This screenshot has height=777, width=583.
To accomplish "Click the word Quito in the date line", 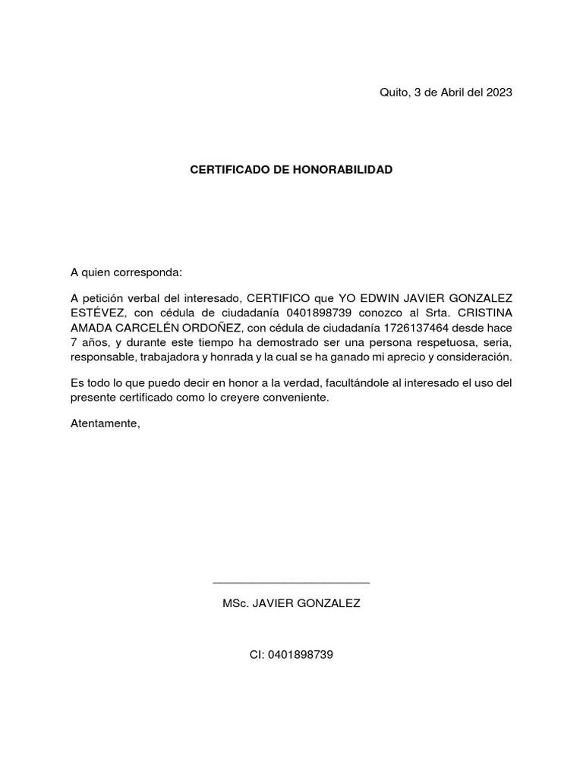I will click(x=392, y=93).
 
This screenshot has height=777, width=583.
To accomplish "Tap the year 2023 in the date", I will click(x=498, y=93).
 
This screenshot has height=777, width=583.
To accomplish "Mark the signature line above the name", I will click(x=291, y=583).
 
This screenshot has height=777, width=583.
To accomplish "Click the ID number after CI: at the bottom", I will click(x=301, y=654).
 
